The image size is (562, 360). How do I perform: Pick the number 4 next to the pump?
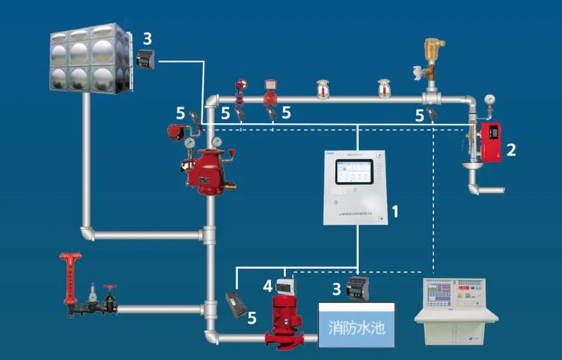click(267, 287)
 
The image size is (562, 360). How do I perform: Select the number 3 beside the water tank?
click(147, 37)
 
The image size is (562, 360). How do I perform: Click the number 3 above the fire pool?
click(336, 289)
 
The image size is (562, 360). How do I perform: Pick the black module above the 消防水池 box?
click(358, 289)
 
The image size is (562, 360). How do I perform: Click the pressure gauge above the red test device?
click(490, 98)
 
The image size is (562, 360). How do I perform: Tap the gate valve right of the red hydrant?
click(110, 297)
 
